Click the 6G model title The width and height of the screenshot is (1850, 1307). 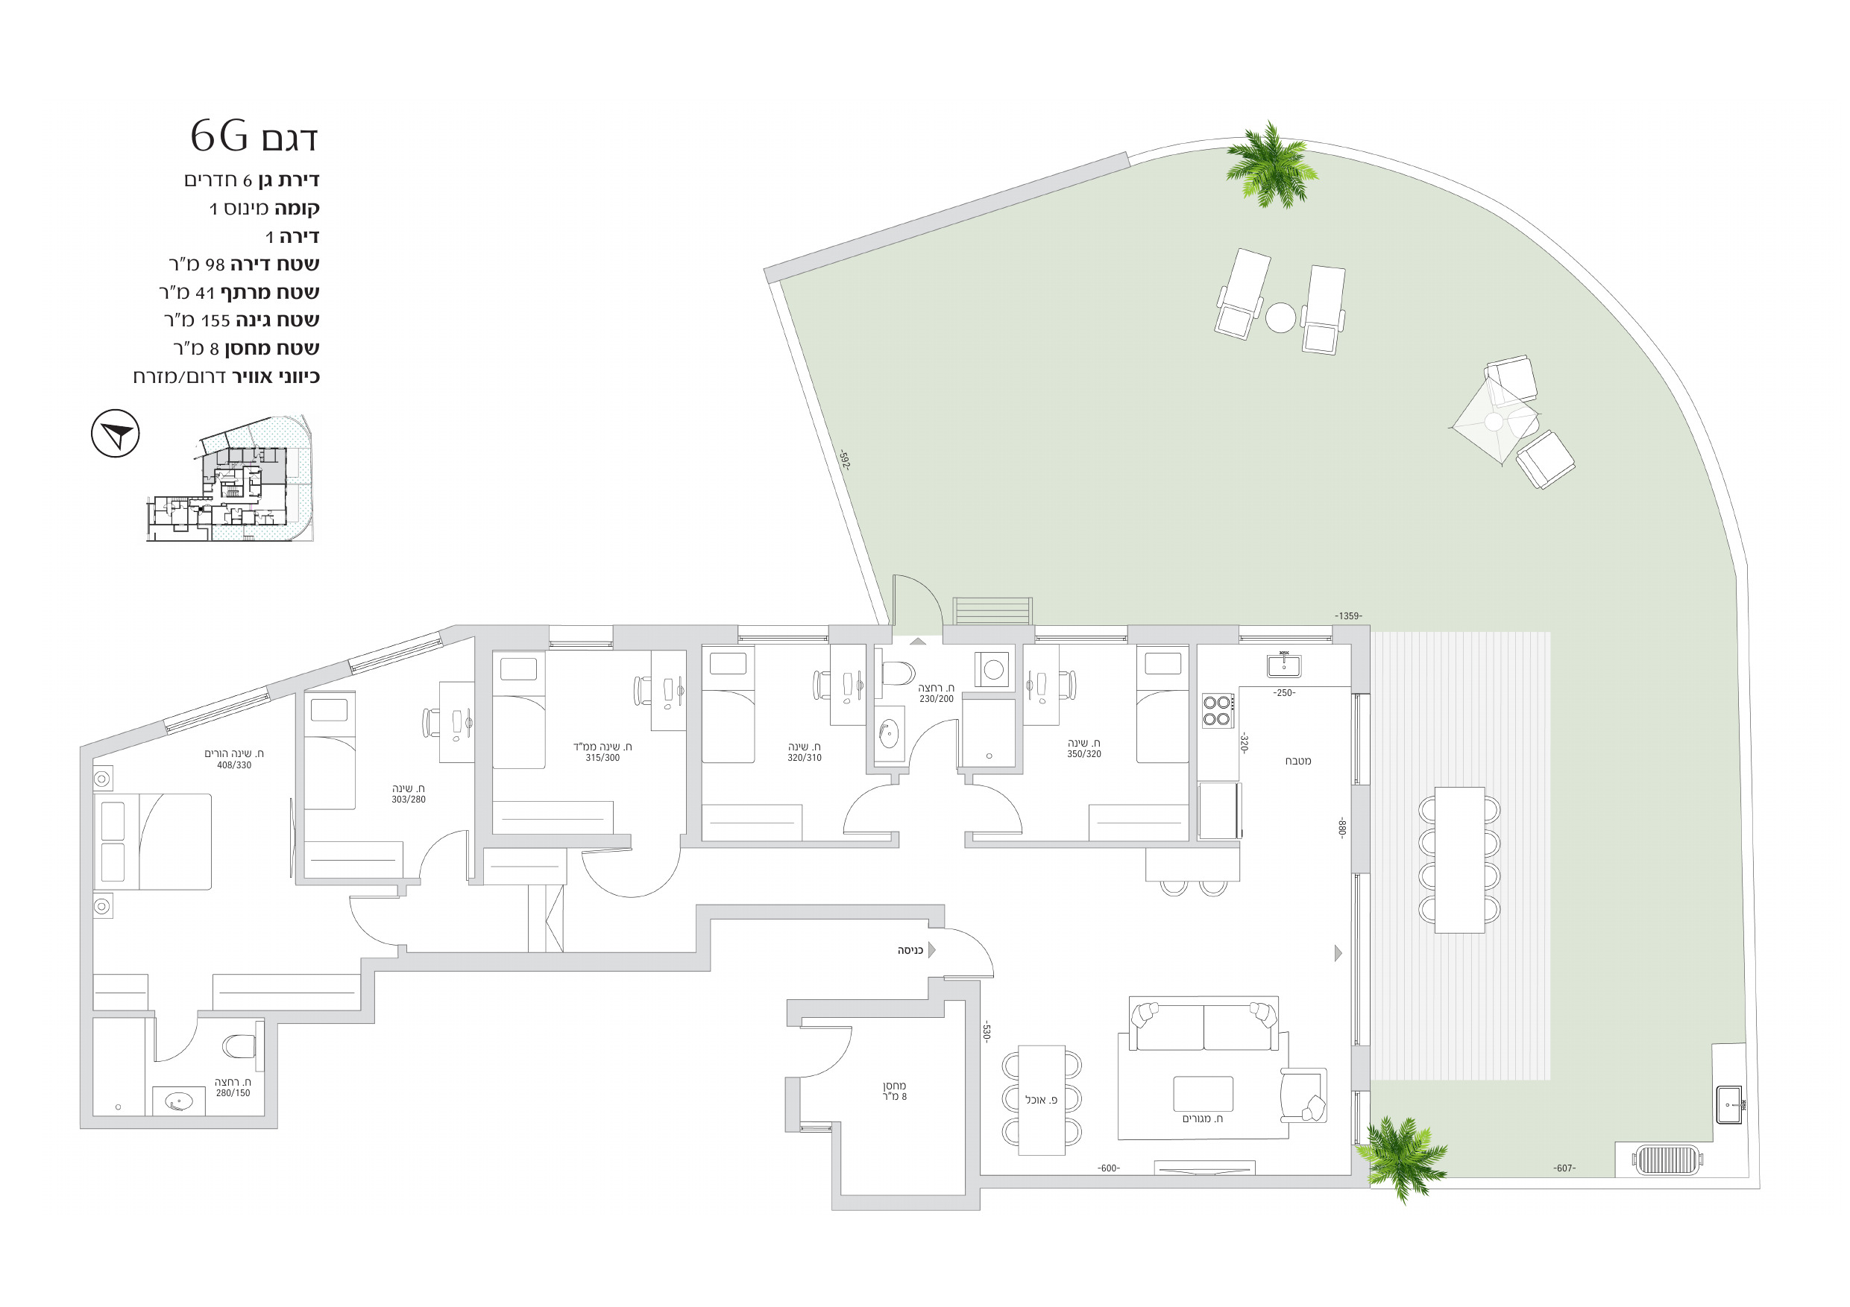click(254, 136)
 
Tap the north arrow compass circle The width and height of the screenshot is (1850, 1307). click(116, 433)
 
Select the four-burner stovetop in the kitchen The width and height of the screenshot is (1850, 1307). click(1217, 710)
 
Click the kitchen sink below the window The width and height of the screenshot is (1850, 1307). click(1283, 665)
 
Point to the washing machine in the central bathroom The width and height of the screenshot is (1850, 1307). click(992, 668)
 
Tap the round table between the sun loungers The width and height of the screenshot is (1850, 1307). click(1280, 317)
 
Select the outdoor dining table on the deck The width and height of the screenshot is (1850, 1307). click(1459, 860)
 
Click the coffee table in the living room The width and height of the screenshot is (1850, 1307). click(1203, 1094)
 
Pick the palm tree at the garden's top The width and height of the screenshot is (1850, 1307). click(1271, 166)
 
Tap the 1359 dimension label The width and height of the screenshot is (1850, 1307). click(1348, 616)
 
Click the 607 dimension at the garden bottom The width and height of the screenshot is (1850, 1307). click(1564, 1168)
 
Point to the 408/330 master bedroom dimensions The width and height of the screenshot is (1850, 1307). click(233, 765)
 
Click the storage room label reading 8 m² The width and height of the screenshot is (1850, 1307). click(894, 1097)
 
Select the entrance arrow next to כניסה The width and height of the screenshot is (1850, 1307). click(931, 950)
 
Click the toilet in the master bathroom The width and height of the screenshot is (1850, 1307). click(239, 1046)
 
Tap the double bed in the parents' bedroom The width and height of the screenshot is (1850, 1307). click(153, 841)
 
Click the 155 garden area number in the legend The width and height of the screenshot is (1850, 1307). click(215, 320)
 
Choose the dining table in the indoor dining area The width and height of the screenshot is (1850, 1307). click(1042, 1100)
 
